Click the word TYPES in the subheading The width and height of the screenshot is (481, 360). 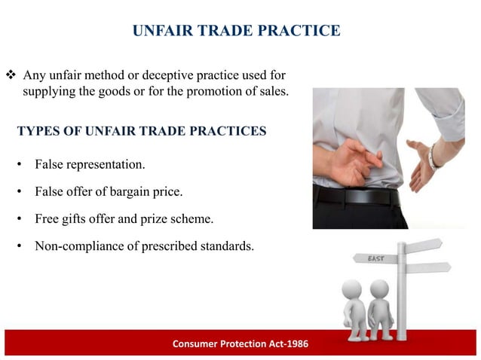(x=37, y=131)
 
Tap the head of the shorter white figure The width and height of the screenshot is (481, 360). (x=379, y=289)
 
